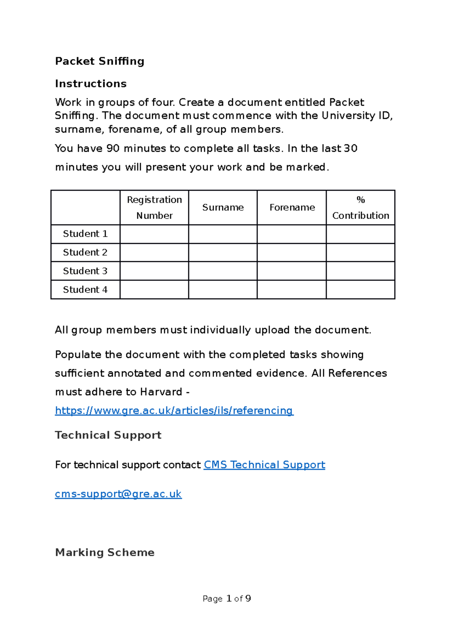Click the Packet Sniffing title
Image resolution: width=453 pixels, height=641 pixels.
tap(100, 61)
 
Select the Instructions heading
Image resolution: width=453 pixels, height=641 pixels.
tap(91, 83)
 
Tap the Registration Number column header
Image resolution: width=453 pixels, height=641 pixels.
tap(154, 207)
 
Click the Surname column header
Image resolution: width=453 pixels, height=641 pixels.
tap(223, 207)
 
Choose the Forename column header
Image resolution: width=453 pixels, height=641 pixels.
tap(292, 207)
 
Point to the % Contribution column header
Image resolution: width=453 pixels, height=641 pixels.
tap(361, 207)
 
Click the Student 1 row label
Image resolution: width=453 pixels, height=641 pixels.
tap(85, 234)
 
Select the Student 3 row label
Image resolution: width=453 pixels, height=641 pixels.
tap(85, 271)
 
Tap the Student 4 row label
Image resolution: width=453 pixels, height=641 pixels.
tap(85, 290)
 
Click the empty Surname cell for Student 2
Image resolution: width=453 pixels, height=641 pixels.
tap(223, 252)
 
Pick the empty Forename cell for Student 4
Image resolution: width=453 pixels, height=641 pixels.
tap(292, 290)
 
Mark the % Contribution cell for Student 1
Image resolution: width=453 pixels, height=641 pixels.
tap(361, 234)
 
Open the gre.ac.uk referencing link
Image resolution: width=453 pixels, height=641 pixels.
tap(174, 410)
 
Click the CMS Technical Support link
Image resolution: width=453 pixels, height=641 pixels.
tap(264, 465)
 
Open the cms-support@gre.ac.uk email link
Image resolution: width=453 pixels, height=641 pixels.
tap(118, 494)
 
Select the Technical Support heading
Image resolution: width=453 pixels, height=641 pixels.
tap(108, 435)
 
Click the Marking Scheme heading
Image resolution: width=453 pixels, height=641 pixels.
tap(105, 552)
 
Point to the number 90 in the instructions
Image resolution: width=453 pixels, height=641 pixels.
tap(113, 148)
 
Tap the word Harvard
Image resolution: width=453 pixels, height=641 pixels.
tap(161, 392)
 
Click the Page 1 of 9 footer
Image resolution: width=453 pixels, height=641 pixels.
tap(226, 599)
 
